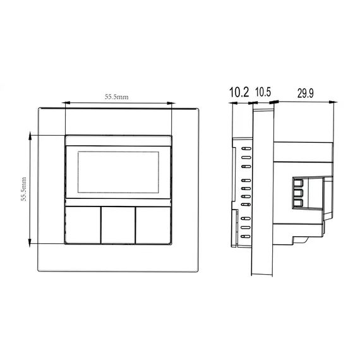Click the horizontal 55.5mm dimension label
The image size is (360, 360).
pos(117,97)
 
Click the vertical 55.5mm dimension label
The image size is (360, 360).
pos(23,189)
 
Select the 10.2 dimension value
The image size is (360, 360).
pos(239,92)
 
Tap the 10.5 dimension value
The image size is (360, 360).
pos(263,92)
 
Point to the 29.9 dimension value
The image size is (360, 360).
pos(305,93)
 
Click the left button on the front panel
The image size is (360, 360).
pos(83,225)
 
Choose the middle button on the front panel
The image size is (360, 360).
pos(118,225)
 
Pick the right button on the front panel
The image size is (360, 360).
pos(153,225)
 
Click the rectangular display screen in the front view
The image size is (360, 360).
pos(118,172)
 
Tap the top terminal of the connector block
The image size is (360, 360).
pos(298,183)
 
